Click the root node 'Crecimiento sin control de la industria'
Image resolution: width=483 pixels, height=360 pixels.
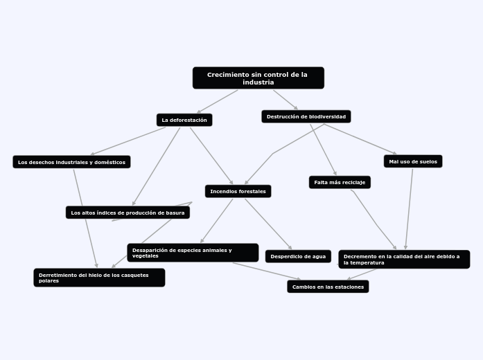click(x=258, y=78)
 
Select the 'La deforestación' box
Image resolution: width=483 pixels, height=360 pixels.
click(x=184, y=120)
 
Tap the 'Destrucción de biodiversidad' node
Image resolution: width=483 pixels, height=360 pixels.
click(x=306, y=116)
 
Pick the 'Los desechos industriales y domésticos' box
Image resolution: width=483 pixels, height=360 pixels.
click(x=71, y=162)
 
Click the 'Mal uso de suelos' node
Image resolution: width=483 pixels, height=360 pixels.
click(x=412, y=161)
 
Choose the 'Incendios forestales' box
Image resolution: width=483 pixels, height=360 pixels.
click(x=238, y=191)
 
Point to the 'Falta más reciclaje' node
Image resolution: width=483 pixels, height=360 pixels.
click(x=340, y=182)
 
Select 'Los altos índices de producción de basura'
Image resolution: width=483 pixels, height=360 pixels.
click(x=128, y=213)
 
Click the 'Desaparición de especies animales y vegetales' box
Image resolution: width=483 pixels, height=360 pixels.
click(x=193, y=253)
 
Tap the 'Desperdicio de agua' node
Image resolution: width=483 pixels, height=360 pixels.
click(x=297, y=256)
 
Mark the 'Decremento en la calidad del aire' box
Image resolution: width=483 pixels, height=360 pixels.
click(x=403, y=259)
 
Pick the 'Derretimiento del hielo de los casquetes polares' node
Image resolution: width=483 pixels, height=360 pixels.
click(x=99, y=278)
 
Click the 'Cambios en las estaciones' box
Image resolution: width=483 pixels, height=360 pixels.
click(x=328, y=287)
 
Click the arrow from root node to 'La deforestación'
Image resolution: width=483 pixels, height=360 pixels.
click(x=217, y=101)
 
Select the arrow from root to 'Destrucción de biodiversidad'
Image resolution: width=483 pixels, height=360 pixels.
click(x=286, y=100)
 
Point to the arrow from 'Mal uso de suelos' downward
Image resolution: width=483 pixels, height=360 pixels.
click(x=410, y=208)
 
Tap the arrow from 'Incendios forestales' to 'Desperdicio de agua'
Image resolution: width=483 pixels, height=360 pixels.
click(x=267, y=223)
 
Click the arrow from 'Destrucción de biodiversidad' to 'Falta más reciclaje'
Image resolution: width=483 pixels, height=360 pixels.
click(x=323, y=150)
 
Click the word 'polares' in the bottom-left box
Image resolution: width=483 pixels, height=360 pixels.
click(x=49, y=281)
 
